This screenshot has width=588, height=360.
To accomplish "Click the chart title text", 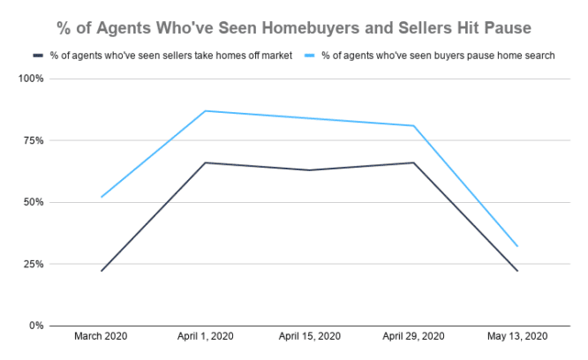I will click(294, 27).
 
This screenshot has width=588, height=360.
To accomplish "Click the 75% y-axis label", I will click(34, 140).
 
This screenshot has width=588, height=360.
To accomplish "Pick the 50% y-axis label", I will click(34, 202).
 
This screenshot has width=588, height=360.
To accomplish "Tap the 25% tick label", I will click(34, 264).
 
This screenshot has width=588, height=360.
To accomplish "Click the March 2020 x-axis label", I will click(102, 337).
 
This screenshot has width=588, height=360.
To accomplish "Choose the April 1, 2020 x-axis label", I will click(206, 337).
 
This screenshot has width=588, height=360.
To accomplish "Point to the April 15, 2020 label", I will click(309, 337).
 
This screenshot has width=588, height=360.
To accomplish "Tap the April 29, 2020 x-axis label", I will click(413, 337).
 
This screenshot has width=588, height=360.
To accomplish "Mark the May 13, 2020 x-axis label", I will click(517, 337).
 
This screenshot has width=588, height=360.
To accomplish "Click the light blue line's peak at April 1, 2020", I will click(206, 111).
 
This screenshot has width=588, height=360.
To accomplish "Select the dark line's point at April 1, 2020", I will click(206, 162).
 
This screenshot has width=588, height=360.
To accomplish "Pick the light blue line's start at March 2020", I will click(102, 197).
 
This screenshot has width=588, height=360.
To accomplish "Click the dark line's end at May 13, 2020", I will click(517, 271).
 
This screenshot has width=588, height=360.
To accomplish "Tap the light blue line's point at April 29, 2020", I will click(413, 125).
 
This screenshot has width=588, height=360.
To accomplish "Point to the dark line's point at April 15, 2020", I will click(309, 170).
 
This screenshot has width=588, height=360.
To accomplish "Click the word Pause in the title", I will click(506, 27).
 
